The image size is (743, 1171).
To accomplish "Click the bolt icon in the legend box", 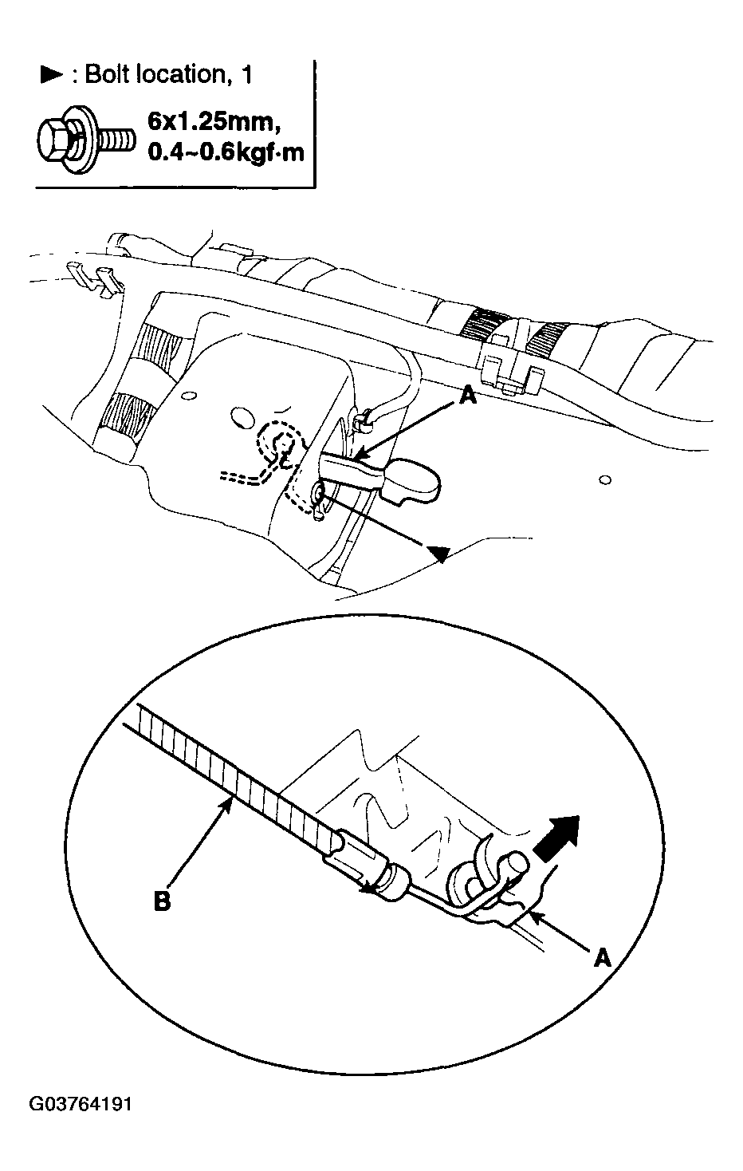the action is (x=85, y=140).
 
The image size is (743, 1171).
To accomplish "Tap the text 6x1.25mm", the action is (x=210, y=122).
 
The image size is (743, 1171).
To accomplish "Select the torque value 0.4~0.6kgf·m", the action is (x=226, y=152).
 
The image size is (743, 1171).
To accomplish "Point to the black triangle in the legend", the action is (x=51, y=75).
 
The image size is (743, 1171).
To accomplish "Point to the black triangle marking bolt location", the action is (x=438, y=554).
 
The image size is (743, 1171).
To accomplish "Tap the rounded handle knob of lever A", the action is (x=412, y=481).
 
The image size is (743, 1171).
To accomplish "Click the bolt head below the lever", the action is (x=319, y=492).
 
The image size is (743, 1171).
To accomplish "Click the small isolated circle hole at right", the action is (x=606, y=479).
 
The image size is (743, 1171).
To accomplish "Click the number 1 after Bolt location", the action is (x=246, y=74).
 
